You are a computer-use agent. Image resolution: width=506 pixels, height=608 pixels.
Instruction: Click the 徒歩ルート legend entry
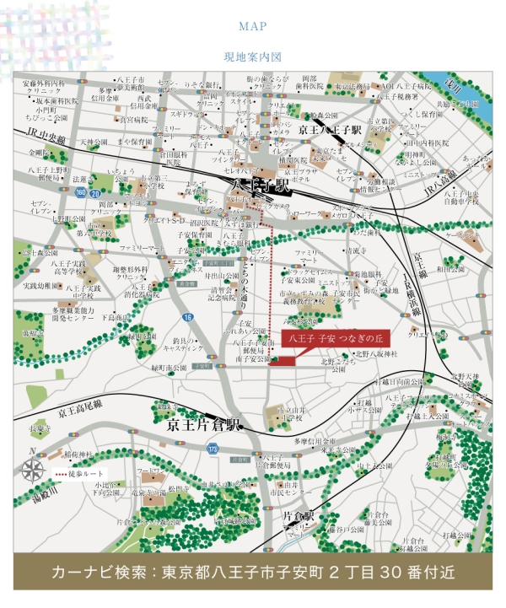pyautogui.click(x=83, y=476)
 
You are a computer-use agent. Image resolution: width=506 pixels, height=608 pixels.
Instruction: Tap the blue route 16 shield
pyautogui.click(x=188, y=317)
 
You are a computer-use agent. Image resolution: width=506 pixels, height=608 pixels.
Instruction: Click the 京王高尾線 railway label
pyautogui.click(x=79, y=412)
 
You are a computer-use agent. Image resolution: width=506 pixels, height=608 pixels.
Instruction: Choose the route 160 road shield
pyautogui.click(x=79, y=193)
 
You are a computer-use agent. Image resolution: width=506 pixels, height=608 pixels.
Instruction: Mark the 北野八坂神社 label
pyautogui.click(x=376, y=354)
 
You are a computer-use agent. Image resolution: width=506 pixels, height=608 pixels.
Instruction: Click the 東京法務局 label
pyautogui.click(x=352, y=86)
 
